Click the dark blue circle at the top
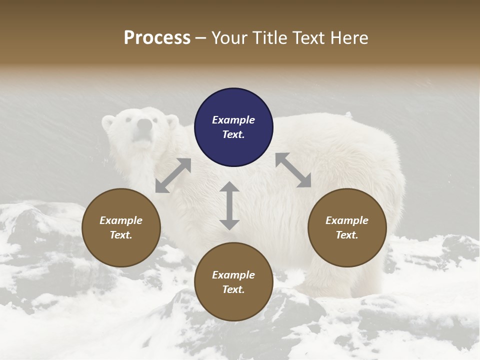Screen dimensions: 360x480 click(x=233, y=127)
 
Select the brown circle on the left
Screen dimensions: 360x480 click(x=121, y=227)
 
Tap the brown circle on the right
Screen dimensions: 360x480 click(x=347, y=227)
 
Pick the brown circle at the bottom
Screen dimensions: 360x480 click(x=233, y=282)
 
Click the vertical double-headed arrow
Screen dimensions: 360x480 click(x=229, y=205)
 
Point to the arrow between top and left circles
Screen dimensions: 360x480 click(x=173, y=175)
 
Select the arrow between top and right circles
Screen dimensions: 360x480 click(x=293, y=170)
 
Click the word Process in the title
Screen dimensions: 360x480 click(x=157, y=38)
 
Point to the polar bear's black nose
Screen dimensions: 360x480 click(x=144, y=124)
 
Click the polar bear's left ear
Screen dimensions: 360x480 click(x=108, y=121)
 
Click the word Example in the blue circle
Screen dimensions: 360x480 click(x=233, y=120)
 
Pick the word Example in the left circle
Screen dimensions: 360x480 click(x=121, y=220)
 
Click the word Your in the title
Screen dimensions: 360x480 click(x=226, y=38)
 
